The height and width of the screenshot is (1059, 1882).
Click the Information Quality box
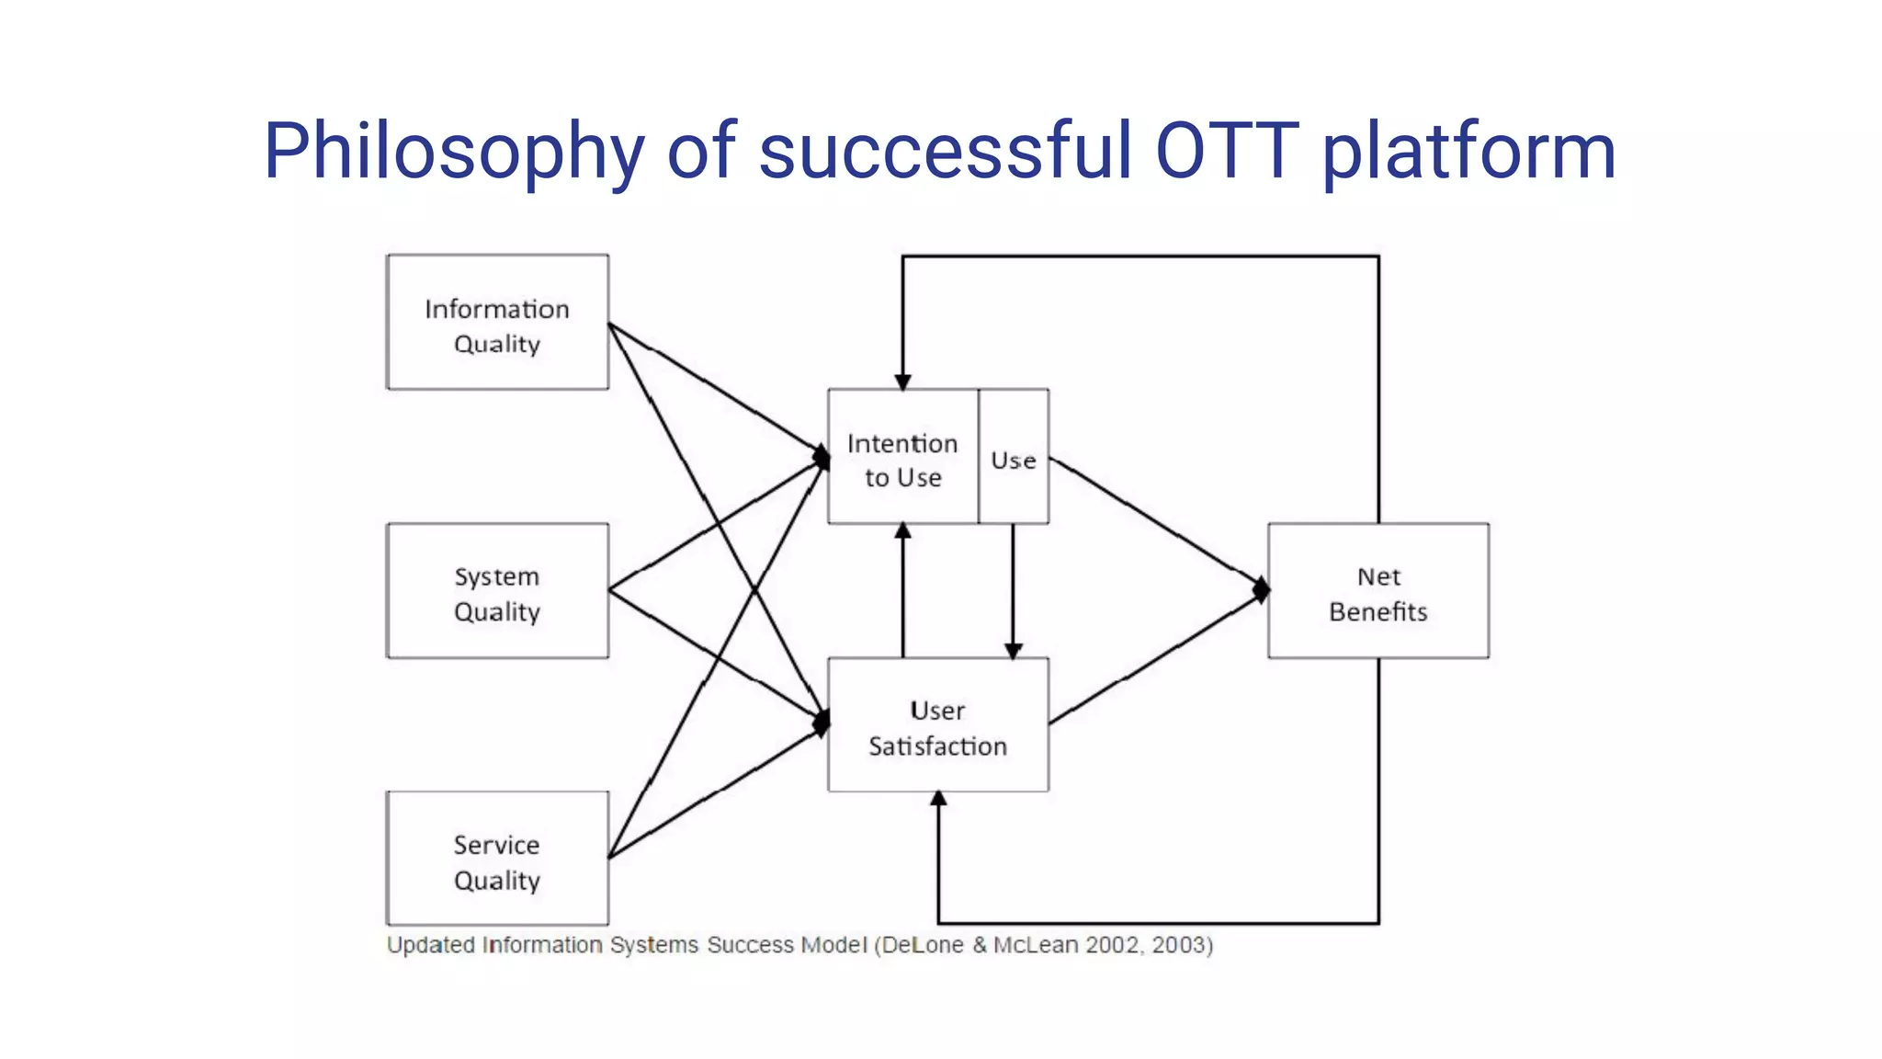pyautogui.click(x=497, y=323)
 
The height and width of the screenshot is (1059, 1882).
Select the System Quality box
pyautogui.click(x=497, y=591)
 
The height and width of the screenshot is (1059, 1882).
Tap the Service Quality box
pyautogui.click(x=497, y=859)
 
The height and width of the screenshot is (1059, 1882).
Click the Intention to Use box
pyautogui.click(x=902, y=457)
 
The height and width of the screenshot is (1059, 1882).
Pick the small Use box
pyautogui.click(x=1014, y=457)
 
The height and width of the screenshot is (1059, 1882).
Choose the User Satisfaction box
pyautogui.click(x=937, y=725)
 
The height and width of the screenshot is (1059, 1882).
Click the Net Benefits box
pyautogui.click(x=1378, y=591)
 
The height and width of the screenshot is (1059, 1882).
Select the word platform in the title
pyautogui.click(x=1468, y=152)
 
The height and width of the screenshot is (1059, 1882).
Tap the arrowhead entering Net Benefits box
pyautogui.click(x=1262, y=589)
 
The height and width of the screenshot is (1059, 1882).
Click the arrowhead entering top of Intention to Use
pyautogui.click(x=903, y=381)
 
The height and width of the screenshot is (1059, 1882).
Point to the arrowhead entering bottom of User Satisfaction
pyautogui.click(x=938, y=799)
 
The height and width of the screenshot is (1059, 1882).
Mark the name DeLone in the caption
pyautogui.click(x=923, y=945)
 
